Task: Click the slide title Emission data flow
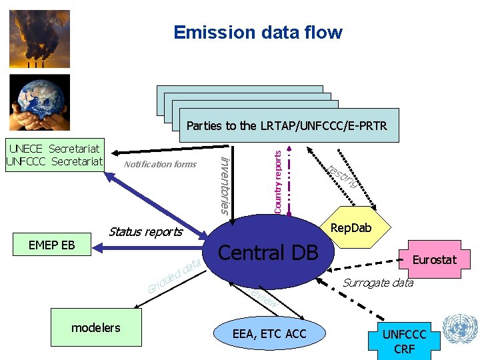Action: (x=257, y=32)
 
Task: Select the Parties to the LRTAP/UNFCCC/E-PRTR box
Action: (x=287, y=125)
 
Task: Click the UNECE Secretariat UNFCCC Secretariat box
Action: (x=54, y=155)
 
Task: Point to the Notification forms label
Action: (x=161, y=164)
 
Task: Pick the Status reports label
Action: (x=145, y=232)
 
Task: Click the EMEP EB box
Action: (x=52, y=245)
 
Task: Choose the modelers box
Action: (x=96, y=327)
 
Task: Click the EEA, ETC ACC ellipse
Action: (x=270, y=333)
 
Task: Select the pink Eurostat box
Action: (x=434, y=259)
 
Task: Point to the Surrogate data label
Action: (x=377, y=283)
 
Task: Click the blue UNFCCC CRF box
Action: (x=404, y=341)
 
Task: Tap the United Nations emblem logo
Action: (x=460, y=329)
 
